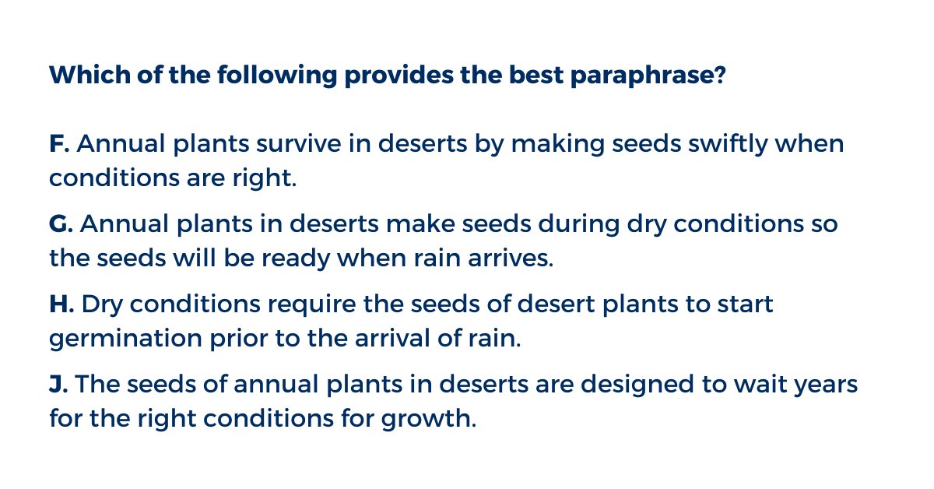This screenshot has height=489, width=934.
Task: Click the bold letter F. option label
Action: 59,145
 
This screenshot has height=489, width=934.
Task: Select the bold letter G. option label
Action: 61,224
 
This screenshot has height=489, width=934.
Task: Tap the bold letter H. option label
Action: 61,304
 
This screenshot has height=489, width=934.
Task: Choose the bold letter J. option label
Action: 58,385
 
